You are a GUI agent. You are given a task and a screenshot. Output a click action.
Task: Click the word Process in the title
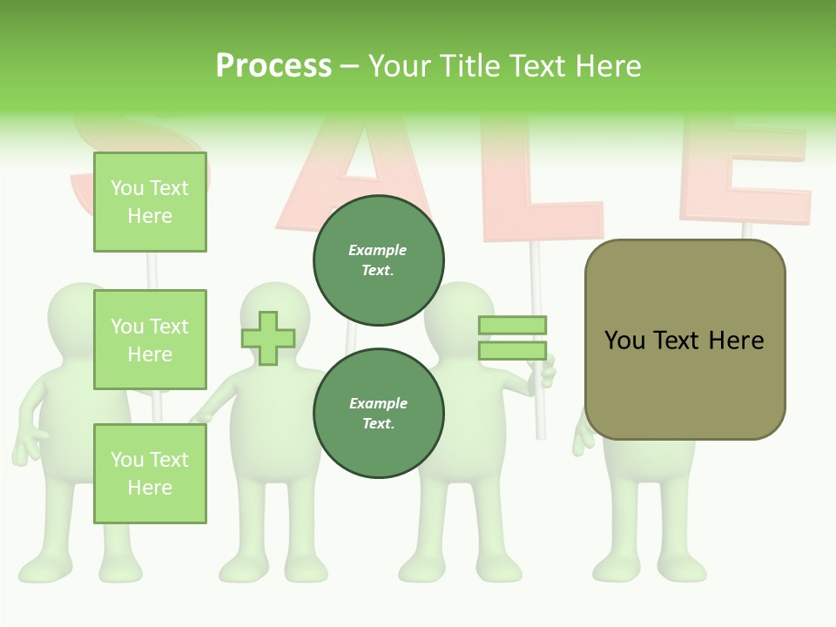(x=273, y=66)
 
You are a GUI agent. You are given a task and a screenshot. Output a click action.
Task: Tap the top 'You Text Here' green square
(x=150, y=202)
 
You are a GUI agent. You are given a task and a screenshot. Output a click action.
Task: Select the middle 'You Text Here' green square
(x=150, y=340)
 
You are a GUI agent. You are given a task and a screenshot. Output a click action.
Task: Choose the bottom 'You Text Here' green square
(x=150, y=474)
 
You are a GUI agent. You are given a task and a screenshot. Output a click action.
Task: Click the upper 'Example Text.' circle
(x=379, y=260)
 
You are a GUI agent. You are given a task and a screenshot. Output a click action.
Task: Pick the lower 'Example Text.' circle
(x=379, y=414)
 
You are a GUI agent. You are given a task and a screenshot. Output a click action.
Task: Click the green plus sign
(x=268, y=338)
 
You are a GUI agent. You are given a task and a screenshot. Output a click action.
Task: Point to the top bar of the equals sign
(x=512, y=325)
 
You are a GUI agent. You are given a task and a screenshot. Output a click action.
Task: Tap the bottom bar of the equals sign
(x=512, y=351)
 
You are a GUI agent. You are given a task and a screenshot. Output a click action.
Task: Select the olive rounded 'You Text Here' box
(x=684, y=340)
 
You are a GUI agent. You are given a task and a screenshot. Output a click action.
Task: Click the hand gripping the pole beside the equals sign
(x=546, y=373)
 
